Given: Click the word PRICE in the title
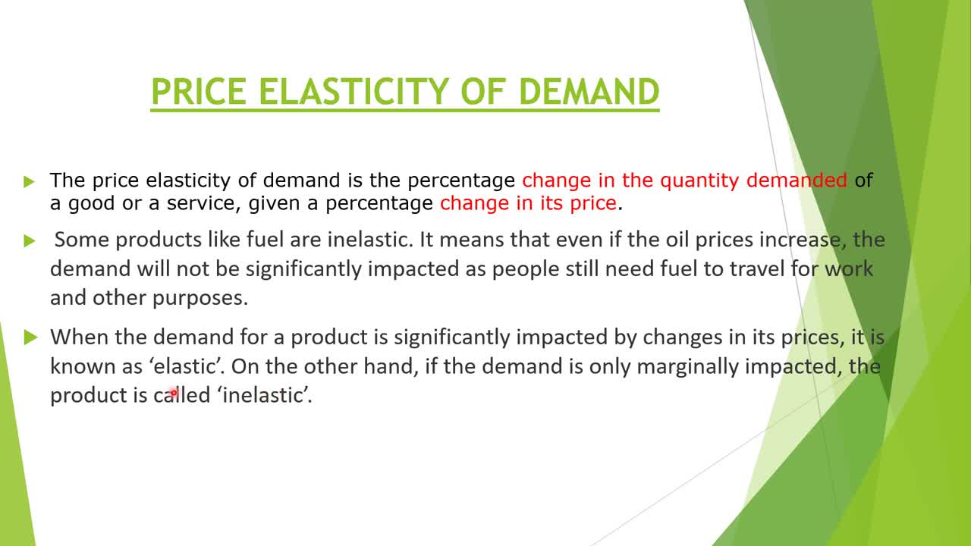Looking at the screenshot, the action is coord(199,92).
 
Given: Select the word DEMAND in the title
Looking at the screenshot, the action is coord(589,92).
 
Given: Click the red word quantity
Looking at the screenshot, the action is coord(699,180).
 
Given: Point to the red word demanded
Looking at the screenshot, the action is coord(797,180).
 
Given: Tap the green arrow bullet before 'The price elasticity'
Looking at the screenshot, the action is coord(29,181).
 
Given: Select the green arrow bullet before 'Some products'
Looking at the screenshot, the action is coord(30,240).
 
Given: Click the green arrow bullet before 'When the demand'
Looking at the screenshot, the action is coord(31,337).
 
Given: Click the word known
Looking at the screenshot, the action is coord(83,366).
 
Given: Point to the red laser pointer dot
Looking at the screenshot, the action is coord(174,393).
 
